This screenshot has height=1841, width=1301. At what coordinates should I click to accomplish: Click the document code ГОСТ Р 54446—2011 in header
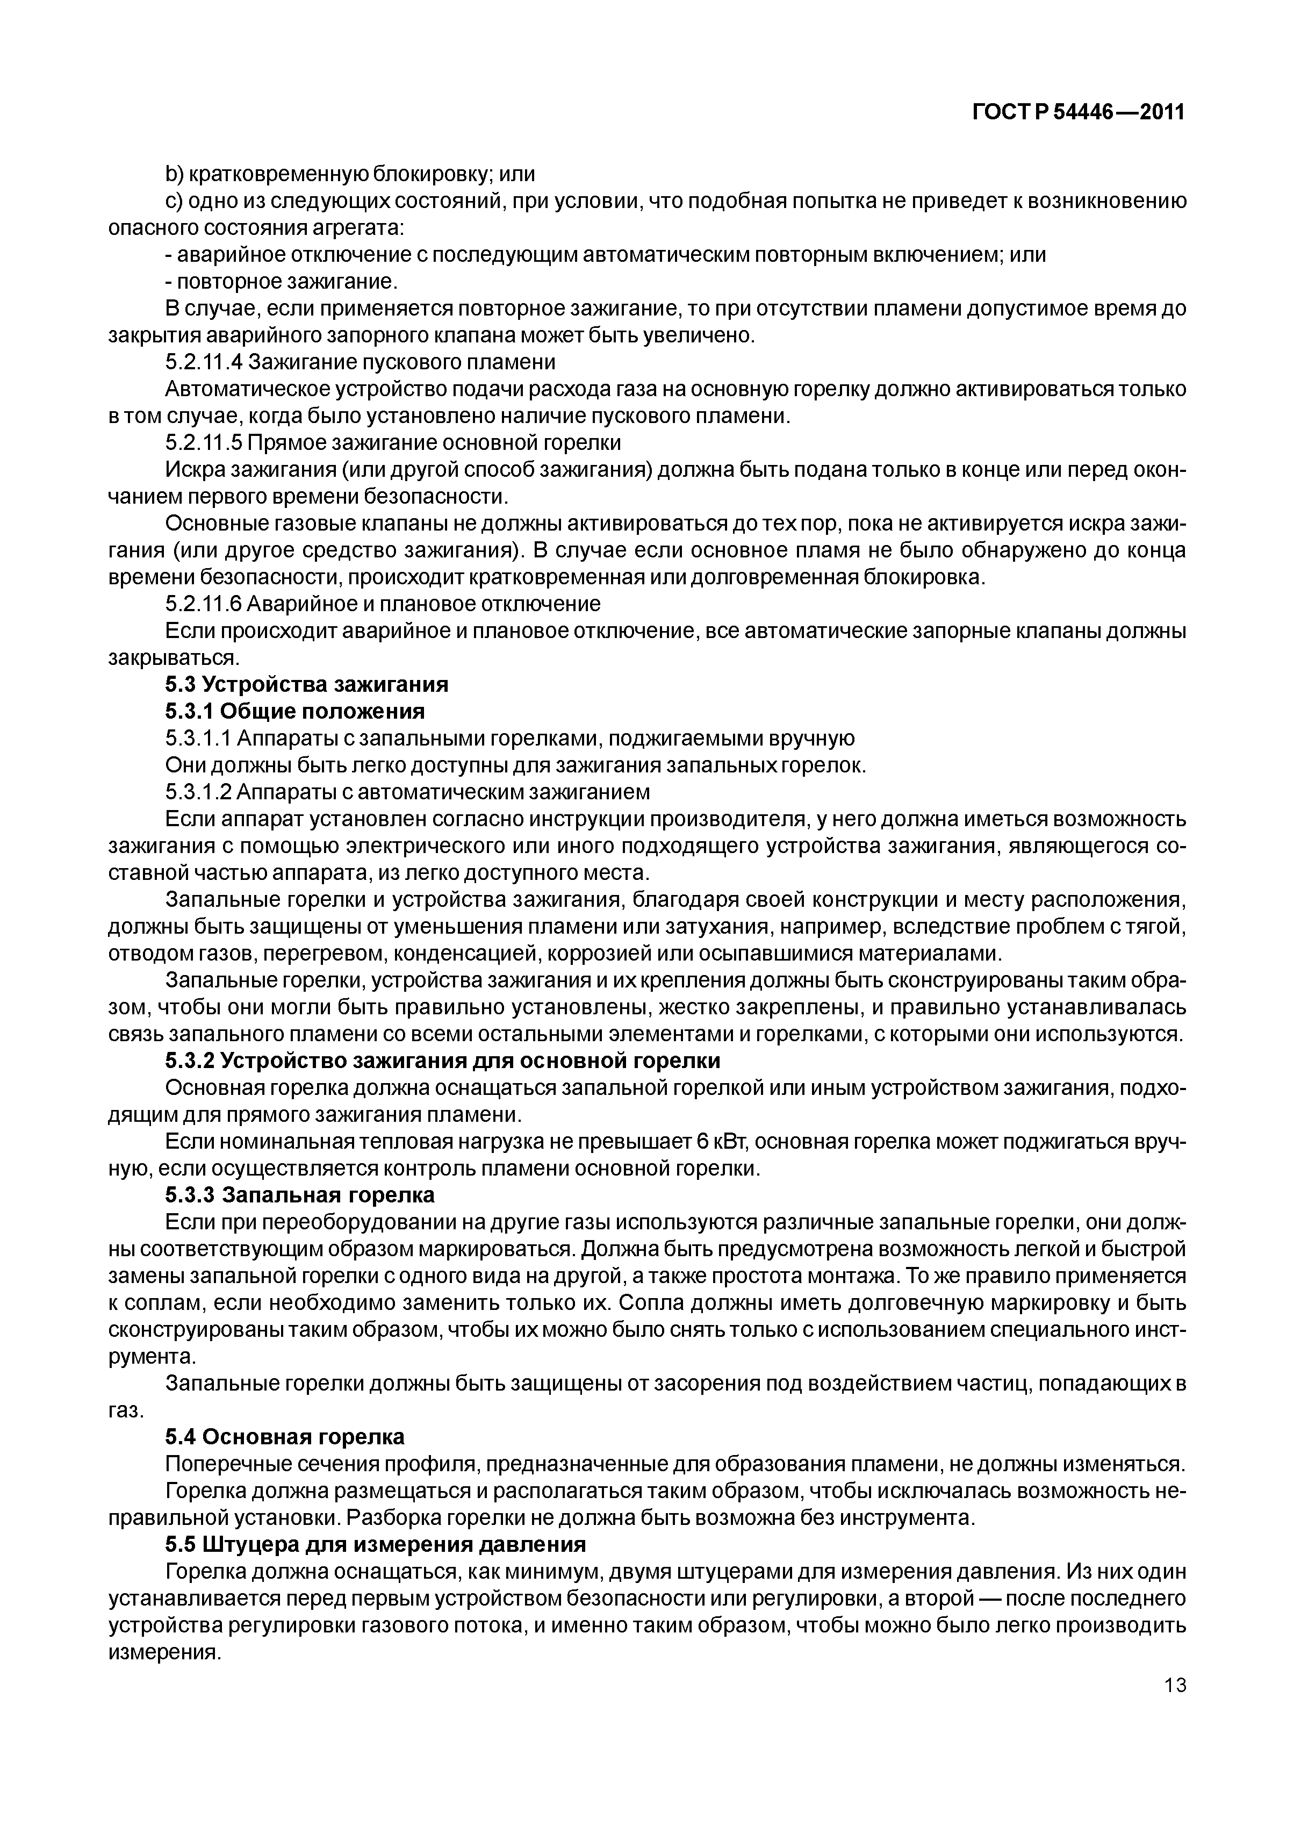point(1078,113)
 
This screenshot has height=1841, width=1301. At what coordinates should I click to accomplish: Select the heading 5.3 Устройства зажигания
point(306,684)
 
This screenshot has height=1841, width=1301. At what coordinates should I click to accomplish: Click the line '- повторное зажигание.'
point(282,282)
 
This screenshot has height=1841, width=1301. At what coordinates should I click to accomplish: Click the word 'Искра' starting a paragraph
point(190,470)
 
